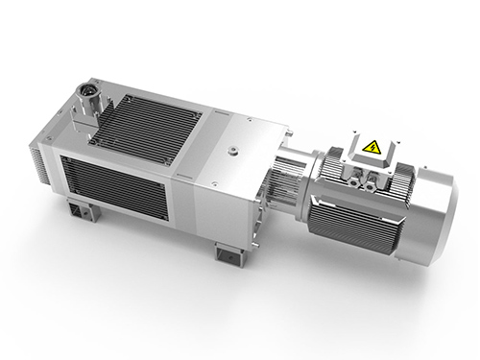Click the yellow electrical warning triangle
[370, 146]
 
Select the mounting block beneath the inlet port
[77, 120]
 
